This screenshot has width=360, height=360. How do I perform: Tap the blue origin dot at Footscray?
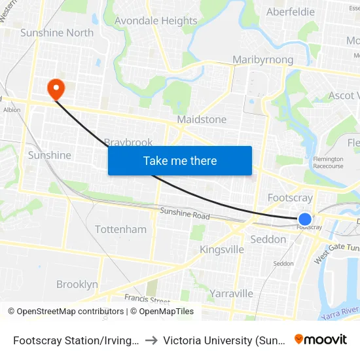pyautogui.click(x=305, y=219)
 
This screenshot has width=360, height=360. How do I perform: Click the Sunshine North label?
pyautogui.click(x=57, y=33)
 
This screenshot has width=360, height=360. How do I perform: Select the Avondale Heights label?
pyautogui.click(x=156, y=21)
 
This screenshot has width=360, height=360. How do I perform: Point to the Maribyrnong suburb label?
pyautogui.click(x=262, y=60)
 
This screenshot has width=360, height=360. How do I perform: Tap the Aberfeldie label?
pyautogui.click(x=291, y=12)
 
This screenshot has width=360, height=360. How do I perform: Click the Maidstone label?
pyautogui.click(x=202, y=120)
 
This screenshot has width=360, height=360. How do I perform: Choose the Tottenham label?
pyautogui.click(x=120, y=229)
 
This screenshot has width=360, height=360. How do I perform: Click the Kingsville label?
pyautogui.click(x=222, y=249)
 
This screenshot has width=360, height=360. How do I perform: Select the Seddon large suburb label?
pyautogui.click(x=268, y=240)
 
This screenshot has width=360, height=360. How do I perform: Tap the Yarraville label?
pyautogui.click(x=232, y=293)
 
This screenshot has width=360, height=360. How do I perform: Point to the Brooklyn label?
pyautogui.click(x=77, y=284)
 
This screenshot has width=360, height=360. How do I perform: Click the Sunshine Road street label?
pyautogui.click(x=185, y=215)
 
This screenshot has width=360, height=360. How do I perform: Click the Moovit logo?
pyautogui.click(x=321, y=340)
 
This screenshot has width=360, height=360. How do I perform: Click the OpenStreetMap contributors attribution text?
pyautogui.click(x=65, y=312)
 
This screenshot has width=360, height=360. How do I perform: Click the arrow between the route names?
pyautogui.click(x=151, y=340)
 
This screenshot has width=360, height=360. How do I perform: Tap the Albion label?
pyautogui.click(x=12, y=110)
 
